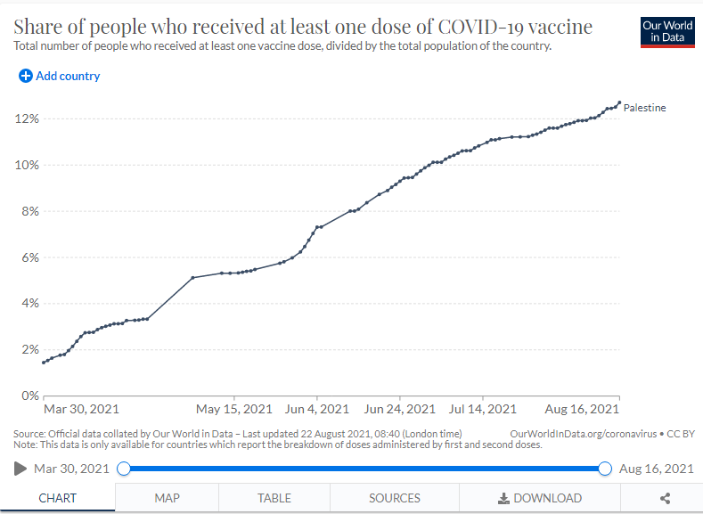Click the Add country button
pyautogui.click(x=59, y=77)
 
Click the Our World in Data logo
pyautogui.click(x=667, y=32)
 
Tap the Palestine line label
pyautogui.click(x=644, y=108)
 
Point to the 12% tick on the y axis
pyautogui.click(x=27, y=118)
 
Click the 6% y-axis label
pyautogui.click(x=30, y=257)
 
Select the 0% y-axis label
pyautogui.click(x=30, y=396)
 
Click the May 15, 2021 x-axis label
pyautogui.click(x=234, y=409)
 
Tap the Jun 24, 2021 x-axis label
pyautogui.click(x=399, y=409)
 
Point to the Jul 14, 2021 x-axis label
pyautogui.click(x=482, y=409)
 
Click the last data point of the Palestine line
pyautogui.click(x=619, y=102)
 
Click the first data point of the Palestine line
pyautogui.click(x=44, y=363)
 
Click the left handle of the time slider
pyautogui.click(x=124, y=469)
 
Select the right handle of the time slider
pyautogui.click(x=605, y=469)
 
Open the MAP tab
pyautogui.click(x=167, y=498)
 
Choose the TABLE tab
pyautogui.click(x=274, y=498)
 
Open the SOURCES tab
pyautogui.click(x=395, y=498)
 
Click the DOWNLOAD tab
pyautogui.click(x=540, y=498)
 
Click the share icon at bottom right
pyautogui.click(x=666, y=498)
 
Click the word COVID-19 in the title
pyautogui.click(x=480, y=27)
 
